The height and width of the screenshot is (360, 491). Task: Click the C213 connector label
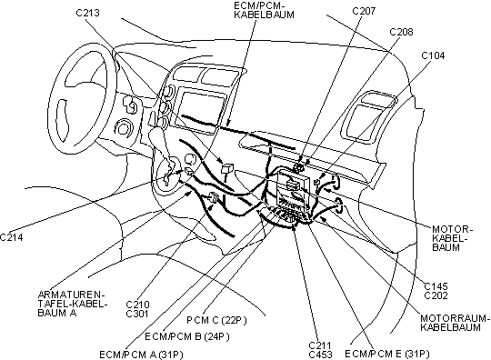[87, 13]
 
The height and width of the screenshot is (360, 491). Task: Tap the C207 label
[364, 11]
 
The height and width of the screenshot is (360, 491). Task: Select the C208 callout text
[401, 32]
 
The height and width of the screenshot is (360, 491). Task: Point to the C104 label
[433, 55]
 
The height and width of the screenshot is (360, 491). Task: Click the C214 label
[12, 237]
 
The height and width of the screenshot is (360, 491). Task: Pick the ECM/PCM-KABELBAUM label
[264, 10]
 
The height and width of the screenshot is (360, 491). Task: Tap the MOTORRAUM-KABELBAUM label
[455, 323]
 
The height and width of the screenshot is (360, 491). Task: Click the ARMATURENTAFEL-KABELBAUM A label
[72, 304]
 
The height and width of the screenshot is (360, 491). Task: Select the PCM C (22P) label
[216, 320]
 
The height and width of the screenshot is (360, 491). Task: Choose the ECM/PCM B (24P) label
[187, 337]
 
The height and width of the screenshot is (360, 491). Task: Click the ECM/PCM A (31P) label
[141, 355]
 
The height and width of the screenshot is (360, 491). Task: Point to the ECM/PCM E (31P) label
[387, 354]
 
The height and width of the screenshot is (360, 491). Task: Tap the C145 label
[436, 286]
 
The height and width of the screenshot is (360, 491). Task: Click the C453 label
[320, 355]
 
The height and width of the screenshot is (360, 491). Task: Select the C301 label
[137, 314]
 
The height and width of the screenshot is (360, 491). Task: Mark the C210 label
[137, 305]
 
